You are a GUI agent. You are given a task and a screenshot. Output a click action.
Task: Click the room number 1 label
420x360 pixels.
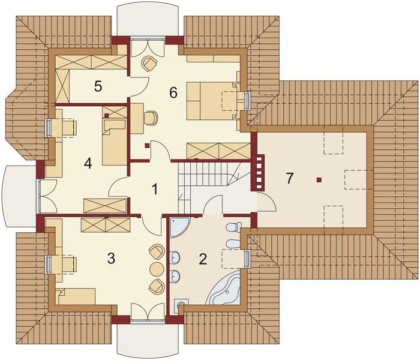click(x=155, y=190)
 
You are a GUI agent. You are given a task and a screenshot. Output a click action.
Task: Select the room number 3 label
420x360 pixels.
click(x=110, y=259)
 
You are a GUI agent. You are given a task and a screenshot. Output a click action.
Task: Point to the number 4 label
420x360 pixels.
click(x=88, y=163)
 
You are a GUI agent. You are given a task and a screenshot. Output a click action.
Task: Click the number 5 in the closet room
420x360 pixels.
click(x=98, y=86)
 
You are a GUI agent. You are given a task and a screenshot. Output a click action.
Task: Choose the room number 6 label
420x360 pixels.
click(x=173, y=92)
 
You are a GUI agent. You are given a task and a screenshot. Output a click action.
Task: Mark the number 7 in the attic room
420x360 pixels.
click(x=290, y=178)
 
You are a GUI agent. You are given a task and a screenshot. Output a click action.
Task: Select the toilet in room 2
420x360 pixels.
click(x=233, y=227)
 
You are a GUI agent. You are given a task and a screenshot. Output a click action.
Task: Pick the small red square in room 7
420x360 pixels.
click(x=319, y=179)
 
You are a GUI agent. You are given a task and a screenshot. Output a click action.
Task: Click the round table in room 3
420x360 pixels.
click(x=157, y=269)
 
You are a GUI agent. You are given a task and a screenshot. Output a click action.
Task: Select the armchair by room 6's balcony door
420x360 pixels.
click(x=149, y=63)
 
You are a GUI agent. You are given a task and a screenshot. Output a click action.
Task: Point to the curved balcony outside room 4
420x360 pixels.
click(x=19, y=196)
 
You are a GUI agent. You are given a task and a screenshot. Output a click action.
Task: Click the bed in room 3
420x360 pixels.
click(x=77, y=296)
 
